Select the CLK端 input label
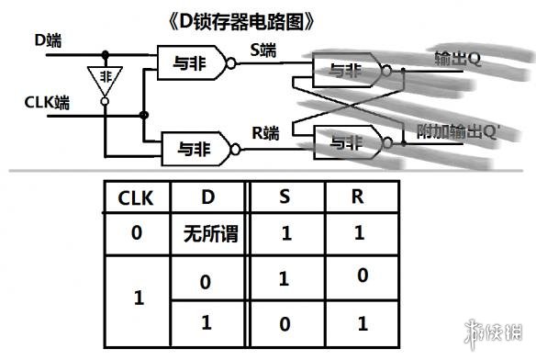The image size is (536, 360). (46, 103)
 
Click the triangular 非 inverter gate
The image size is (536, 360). (105, 80)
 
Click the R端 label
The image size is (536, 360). (266, 133)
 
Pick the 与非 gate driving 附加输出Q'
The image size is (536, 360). (346, 142)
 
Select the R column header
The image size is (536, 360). (360, 197)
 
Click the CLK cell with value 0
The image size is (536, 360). (137, 234)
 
